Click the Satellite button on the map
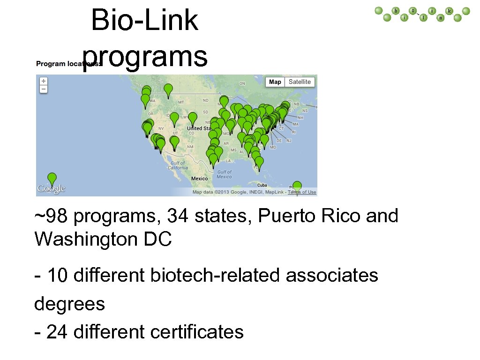click(x=300, y=82)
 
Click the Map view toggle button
click(x=275, y=82)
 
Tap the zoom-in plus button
click(x=44, y=81)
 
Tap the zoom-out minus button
click(x=44, y=88)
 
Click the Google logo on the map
click(x=51, y=189)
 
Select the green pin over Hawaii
click(x=52, y=179)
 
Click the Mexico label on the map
click(x=200, y=179)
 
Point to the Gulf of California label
click(x=178, y=165)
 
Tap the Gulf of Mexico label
click(x=225, y=174)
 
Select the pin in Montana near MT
click(x=168, y=90)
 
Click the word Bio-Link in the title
click(x=145, y=21)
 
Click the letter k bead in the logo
click(x=449, y=11)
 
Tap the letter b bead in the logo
click(x=396, y=11)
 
